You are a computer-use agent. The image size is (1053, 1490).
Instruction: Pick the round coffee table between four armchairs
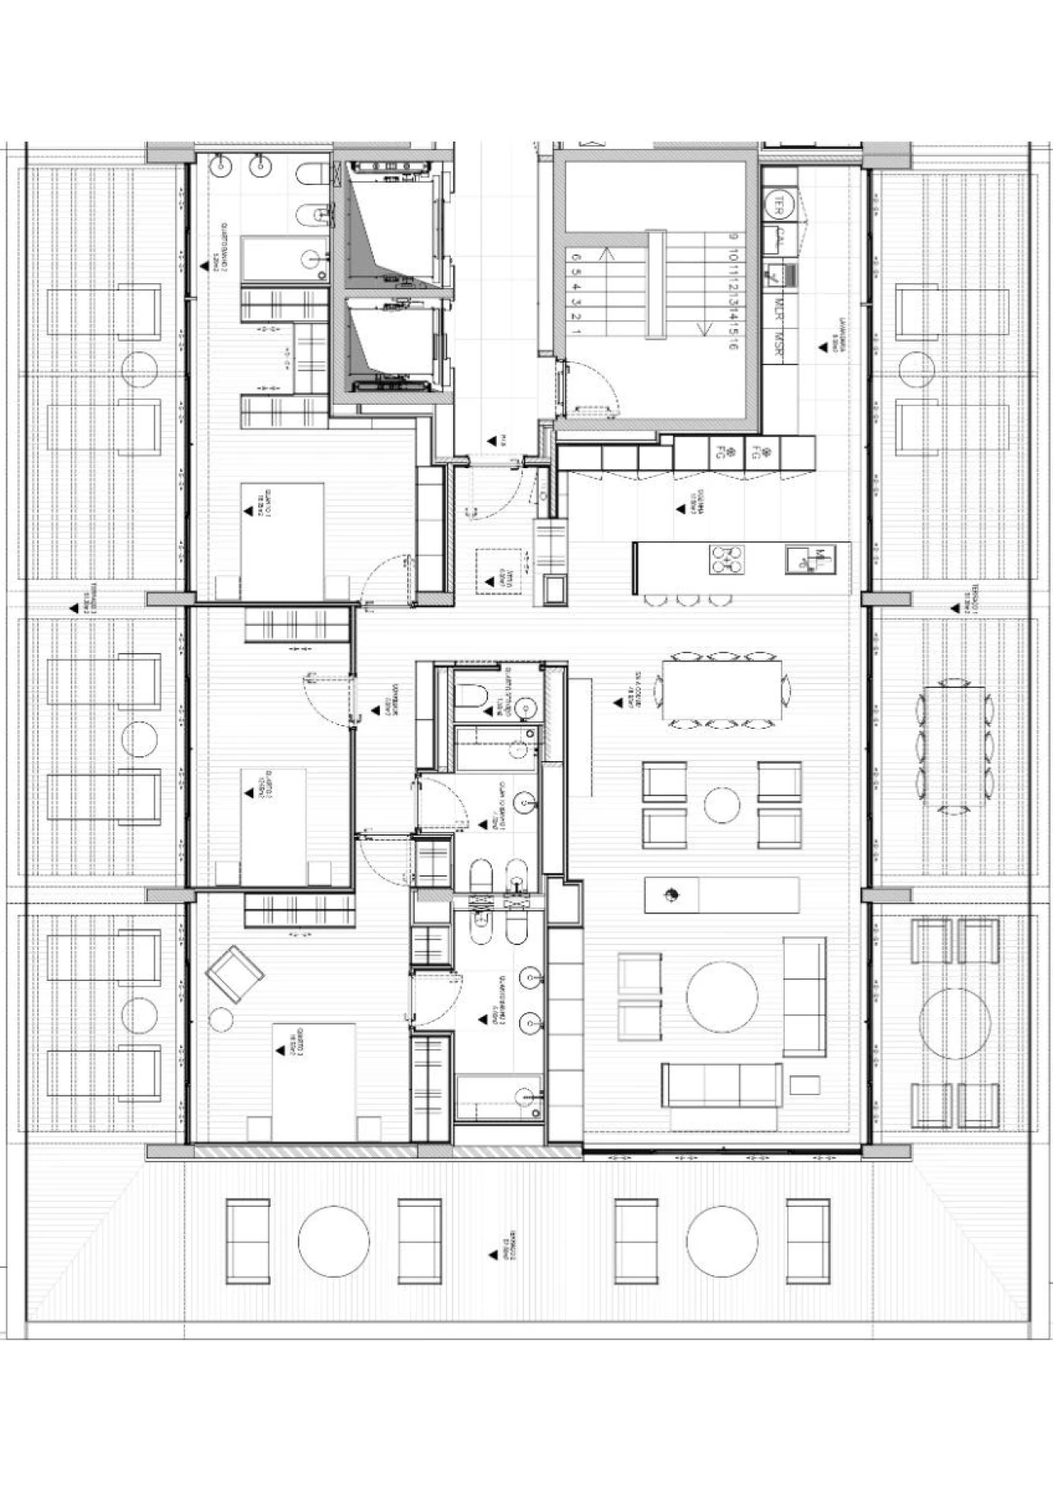click(x=721, y=805)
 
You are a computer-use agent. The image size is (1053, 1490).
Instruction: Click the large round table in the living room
click(x=722, y=997)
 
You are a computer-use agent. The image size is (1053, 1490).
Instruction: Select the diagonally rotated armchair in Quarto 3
click(x=235, y=973)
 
